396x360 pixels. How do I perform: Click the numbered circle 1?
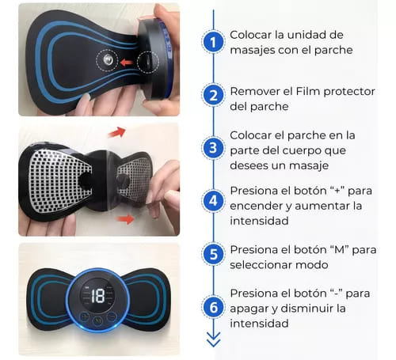(211, 42)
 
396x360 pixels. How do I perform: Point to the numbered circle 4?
(211, 201)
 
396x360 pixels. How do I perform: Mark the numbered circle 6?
(211, 308)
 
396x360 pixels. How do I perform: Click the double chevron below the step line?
(211, 339)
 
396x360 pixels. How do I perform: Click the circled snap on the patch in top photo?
(105, 60)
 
